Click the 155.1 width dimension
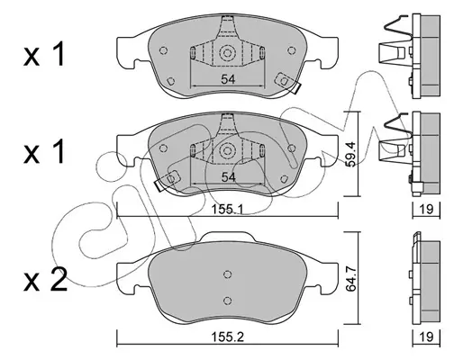(x=227, y=209)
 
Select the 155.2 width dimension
(x=228, y=337)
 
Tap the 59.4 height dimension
(x=350, y=154)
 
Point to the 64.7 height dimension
(x=350, y=277)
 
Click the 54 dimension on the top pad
(x=228, y=79)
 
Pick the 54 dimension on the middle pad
(x=228, y=177)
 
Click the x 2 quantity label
(x=45, y=280)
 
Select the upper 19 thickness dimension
(x=426, y=209)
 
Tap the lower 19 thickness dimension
(x=426, y=337)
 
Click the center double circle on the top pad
(x=227, y=53)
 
